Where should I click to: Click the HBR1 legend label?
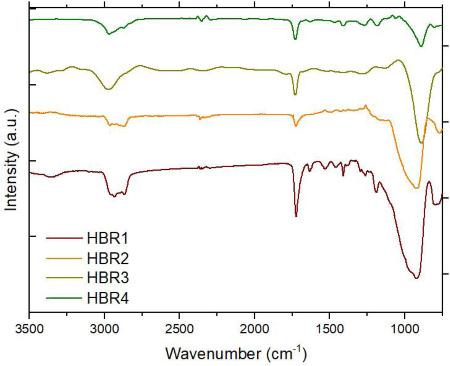coord(108,238)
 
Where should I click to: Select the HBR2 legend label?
coord(108,258)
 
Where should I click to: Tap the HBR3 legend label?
coord(108,278)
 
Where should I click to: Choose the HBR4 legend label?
coord(108,298)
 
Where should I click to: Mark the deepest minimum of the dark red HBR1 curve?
coord(416,278)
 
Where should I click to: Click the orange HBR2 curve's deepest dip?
coord(416,188)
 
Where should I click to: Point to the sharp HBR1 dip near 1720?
coord(296,216)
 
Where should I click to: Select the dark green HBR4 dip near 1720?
coord(295,39)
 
